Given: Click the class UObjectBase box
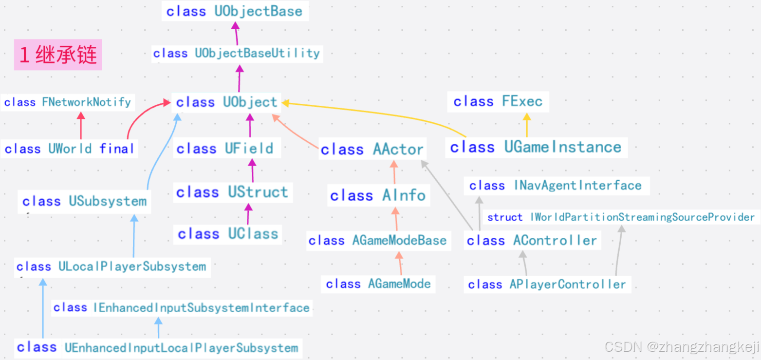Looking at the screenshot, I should coord(235,11).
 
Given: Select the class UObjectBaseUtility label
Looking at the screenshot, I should coord(237,53).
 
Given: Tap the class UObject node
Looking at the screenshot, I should coord(226,102).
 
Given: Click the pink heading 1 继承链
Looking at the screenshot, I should coord(58,55).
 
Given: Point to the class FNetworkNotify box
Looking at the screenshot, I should coord(68,102).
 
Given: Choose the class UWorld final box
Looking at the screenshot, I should coord(69,149).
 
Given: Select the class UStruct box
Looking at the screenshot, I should coord(232,192).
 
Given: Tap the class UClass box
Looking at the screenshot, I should coord(228,234).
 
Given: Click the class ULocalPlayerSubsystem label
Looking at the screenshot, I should coord(111,267).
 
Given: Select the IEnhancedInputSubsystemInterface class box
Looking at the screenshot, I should coord(181,308).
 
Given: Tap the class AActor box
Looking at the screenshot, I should coord(372,149).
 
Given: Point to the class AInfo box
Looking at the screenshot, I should coord(378,196).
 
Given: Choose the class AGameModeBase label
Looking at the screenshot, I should coord(378,241).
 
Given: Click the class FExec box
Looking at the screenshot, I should coord(498,102).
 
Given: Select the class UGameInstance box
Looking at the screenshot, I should coord(536,147).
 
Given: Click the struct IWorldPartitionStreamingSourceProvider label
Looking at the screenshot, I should coord(621,217).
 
